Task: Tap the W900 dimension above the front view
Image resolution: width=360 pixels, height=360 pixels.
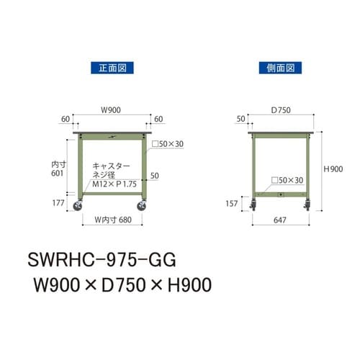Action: (110, 111)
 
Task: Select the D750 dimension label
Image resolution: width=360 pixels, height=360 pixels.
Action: (281, 111)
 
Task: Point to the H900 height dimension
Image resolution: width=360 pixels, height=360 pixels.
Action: (332, 169)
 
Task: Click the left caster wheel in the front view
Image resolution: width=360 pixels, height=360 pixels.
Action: (78, 209)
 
